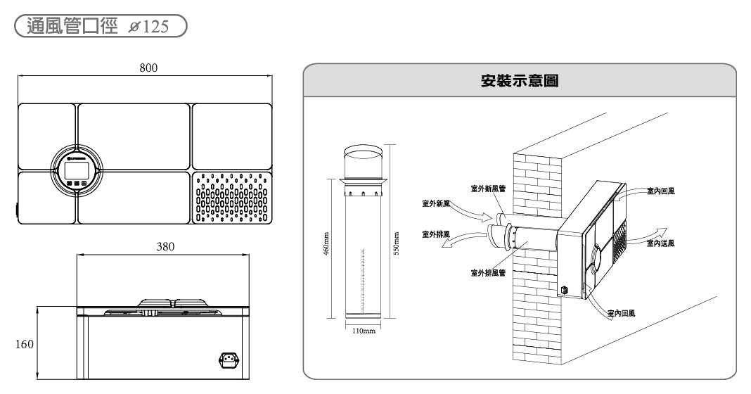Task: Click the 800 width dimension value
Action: click(x=148, y=68)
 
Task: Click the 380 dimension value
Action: click(x=165, y=247)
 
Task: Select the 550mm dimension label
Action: click(x=396, y=244)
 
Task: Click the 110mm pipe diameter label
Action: click(x=364, y=331)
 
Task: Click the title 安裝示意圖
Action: click(x=520, y=81)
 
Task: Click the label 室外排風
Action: click(x=436, y=233)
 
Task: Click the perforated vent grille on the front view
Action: click(x=231, y=198)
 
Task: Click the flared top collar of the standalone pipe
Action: click(x=364, y=184)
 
